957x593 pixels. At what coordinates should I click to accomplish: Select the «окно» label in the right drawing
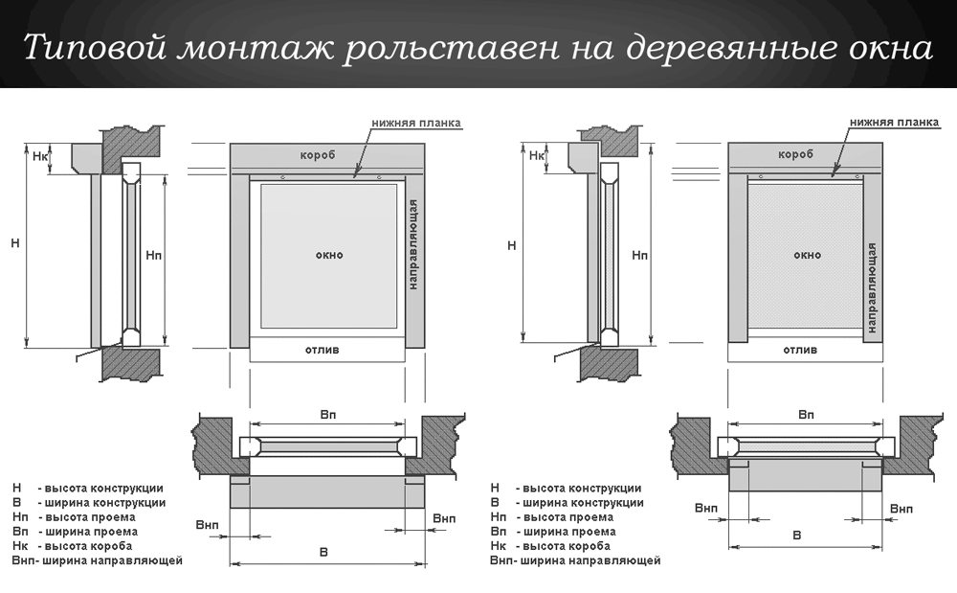(x=807, y=255)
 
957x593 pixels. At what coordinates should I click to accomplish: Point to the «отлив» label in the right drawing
(x=800, y=350)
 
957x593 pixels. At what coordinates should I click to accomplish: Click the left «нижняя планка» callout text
(x=416, y=123)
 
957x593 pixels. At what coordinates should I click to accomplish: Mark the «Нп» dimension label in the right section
(x=639, y=255)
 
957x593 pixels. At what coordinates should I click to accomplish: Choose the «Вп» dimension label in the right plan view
(x=806, y=415)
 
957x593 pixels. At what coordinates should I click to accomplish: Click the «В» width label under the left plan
(x=323, y=553)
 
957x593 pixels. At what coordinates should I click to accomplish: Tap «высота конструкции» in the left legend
(x=107, y=488)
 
